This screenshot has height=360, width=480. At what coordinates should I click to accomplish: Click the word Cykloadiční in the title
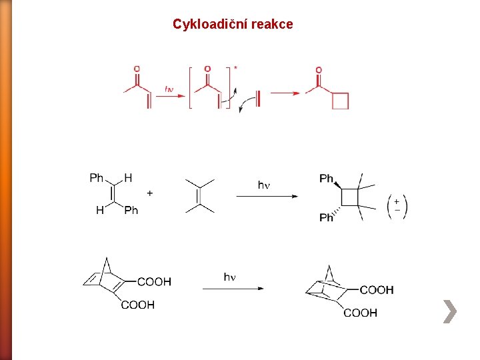pyautogui.click(x=202, y=25)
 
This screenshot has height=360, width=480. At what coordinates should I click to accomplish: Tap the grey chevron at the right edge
pyautogui.click(x=450, y=311)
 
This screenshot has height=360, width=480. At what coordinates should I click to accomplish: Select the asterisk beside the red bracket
pyautogui.click(x=235, y=68)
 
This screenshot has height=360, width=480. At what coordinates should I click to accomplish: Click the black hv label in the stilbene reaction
pyautogui.click(x=264, y=185)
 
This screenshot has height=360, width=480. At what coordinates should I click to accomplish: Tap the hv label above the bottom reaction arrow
pyautogui.click(x=229, y=277)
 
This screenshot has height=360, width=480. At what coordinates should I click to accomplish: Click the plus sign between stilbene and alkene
pyautogui.click(x=149, y=193)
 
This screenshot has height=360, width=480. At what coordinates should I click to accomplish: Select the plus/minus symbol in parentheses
pyautogui.click(x=397, y=205)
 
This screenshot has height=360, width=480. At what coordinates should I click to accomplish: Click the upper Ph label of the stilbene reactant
pyautogui.click(x=97, y=177)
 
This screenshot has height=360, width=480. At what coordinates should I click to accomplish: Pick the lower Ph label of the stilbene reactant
pyautogui.click(x=131, y=210)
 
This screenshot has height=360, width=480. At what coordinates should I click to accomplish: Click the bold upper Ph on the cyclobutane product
pyautogui.click(x=327, y=178)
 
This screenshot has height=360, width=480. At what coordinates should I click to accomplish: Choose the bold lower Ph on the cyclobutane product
pyautogui.click(x=326, y=217)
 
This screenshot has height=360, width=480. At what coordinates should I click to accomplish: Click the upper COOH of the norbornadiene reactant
pyautogui.click(x=155, y=282)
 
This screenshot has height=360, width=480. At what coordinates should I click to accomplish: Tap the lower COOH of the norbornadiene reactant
pyautogui.click(x=138, y=305)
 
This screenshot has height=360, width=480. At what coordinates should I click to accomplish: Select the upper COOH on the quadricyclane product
pyautogui.click(x=377, y=290)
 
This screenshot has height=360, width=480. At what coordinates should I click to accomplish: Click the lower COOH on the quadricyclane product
pyautogui.click(x=360, y=313)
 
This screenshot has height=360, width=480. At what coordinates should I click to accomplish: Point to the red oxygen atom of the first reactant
pyautogui.click(x=137, y=69)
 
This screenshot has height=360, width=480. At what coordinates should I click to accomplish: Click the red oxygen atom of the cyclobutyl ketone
pyautogui.click(x=319, y=70)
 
